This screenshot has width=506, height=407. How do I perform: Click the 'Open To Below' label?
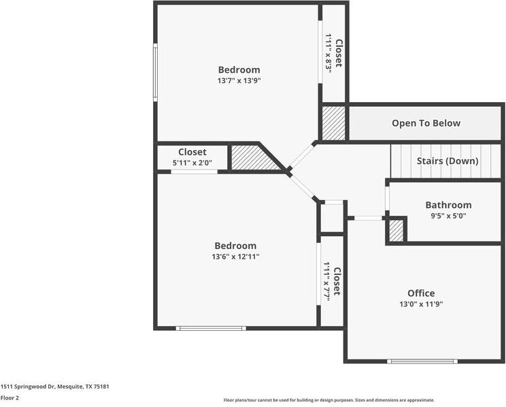click(x=426, y=123)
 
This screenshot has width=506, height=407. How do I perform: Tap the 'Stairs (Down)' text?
click(x=448, y=161)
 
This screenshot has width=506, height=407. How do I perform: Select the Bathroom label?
click(x=448, y=205)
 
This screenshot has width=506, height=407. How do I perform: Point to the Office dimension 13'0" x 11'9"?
click(x=421, y=305)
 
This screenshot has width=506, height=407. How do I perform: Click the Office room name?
click(x=421, y=293)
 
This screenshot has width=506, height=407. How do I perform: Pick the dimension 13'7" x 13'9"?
click(x=239, y=80)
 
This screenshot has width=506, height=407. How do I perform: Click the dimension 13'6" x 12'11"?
click(x=236, y=257)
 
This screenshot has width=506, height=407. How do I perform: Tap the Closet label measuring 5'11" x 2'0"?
click(x=192, y=152)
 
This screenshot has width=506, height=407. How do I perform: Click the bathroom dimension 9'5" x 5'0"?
click(x=448, y=216)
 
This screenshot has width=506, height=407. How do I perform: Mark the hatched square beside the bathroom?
click(x=397, y=231)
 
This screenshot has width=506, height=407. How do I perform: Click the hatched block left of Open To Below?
click(x=333, y=123)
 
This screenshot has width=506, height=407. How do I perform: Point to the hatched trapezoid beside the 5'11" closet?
click(x=254, y=157)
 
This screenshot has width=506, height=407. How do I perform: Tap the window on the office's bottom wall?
click(x=422, y=361)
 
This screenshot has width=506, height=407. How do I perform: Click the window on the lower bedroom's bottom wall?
click(x=211, y=328)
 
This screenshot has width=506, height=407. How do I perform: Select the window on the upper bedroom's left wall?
click(x=155, y=72)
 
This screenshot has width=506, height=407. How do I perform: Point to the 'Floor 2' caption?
click(x=10, y=397)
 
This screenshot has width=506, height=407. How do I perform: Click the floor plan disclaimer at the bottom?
click(x=328, y=400)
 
